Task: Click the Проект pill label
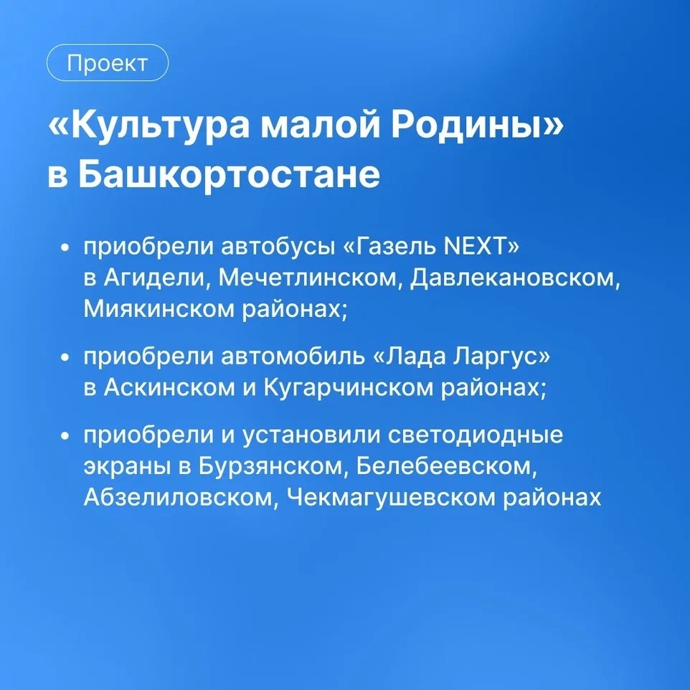(x=108, y=63)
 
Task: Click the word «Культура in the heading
(x=150, y=126)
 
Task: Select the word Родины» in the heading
(x=478, y=126)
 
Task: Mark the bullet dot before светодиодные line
(x=65, y=435)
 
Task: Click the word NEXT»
(x=481, y=247)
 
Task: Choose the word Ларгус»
(x=501, y=356)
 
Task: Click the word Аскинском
(x=169, y=388)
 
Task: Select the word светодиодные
(x=476, y=435)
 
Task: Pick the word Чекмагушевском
(x=391, y=498)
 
